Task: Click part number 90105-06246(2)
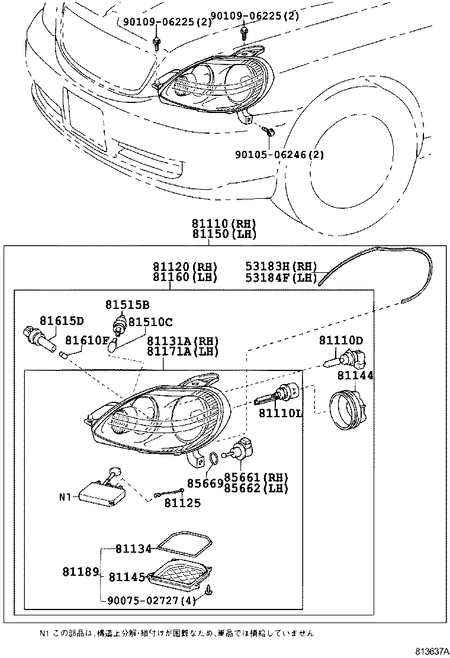(x=279, y=156)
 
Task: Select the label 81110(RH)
(x=223, y=224)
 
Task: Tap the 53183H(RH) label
(x=281, y=266)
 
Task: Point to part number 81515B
(x=127, y=305)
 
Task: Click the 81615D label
(x=62, y=321)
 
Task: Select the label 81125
(x=182, y=503)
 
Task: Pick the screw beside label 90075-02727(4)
(x=208, y=592)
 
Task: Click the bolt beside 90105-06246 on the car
(x=268, y=131)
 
